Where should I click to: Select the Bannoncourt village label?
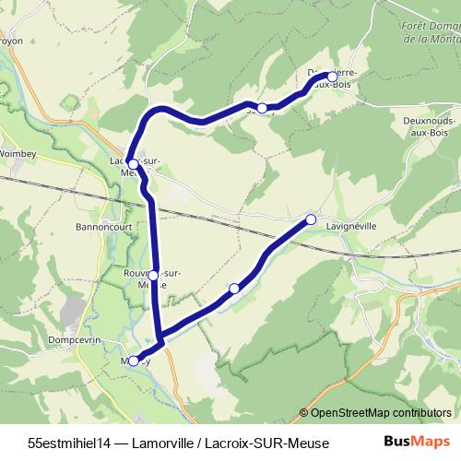click(105, 224)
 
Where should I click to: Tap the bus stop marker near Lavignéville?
click(311, 219)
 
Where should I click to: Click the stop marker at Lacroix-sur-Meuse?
click(133, 164)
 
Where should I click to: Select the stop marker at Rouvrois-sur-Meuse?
click(153, 275)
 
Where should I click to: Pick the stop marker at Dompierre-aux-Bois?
click(332, 77)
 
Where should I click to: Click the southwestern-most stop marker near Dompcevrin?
click(134, 361)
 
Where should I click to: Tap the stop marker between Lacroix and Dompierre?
click(262, 108)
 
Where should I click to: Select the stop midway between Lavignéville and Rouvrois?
click(234, 289)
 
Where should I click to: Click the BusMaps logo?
click(418, 442)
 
